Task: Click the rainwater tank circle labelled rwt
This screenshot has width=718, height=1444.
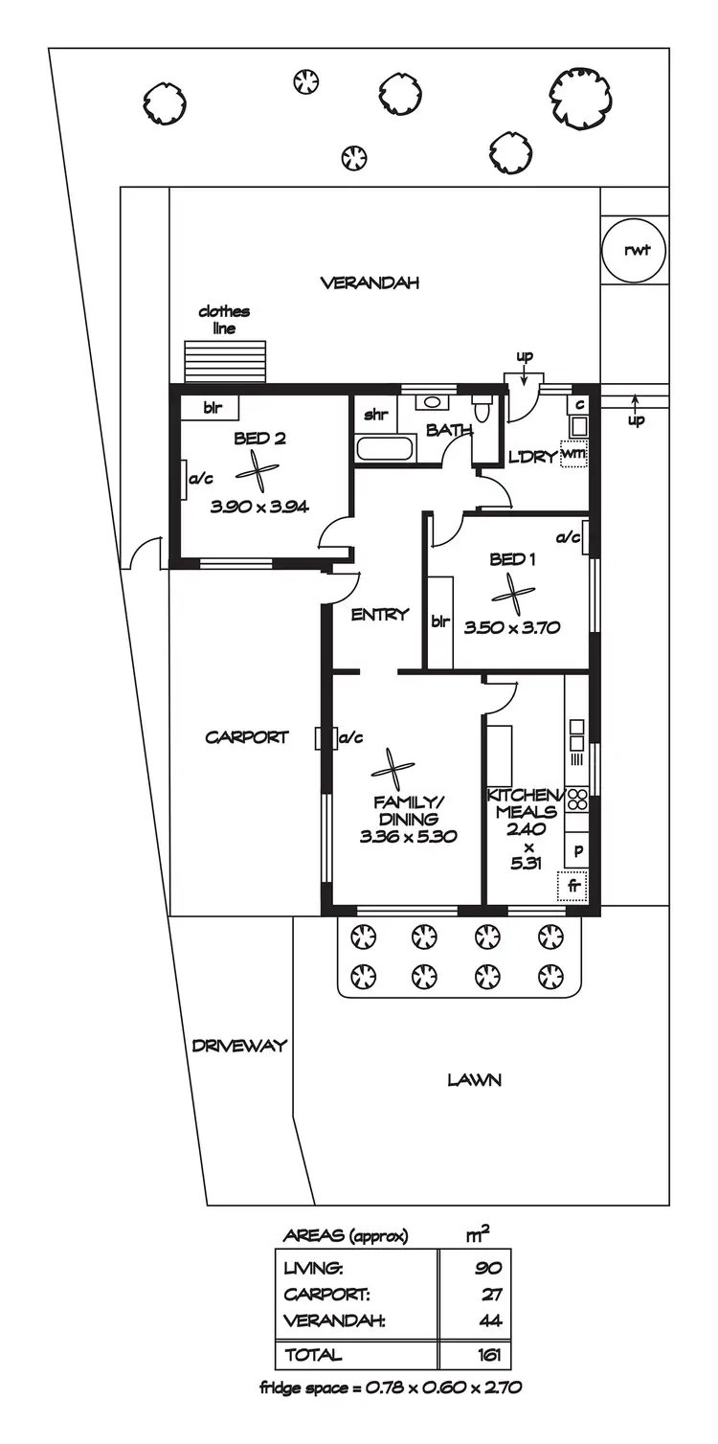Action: pyautogui.click(x=634, y=251)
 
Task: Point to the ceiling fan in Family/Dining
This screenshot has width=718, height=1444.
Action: pyautogui.click(x=393, y=769)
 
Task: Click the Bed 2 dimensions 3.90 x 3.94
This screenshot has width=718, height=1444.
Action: pyautogui.click(x=259, y=508)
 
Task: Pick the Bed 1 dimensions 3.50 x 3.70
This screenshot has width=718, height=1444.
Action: pyautogui.click(x=511, y=629)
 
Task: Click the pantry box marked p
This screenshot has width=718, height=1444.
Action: pyautogui.click(x=577, y=849)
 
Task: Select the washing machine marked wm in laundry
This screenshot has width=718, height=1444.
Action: pyautogui.click(x=573, y=453)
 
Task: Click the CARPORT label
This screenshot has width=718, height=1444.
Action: pyautogui.click(x=246, y=737)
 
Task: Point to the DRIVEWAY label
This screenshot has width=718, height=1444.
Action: pyautogui.click(x=238, y=1046)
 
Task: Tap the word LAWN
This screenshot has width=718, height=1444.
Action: pyautogui.click(x=474, y=1080)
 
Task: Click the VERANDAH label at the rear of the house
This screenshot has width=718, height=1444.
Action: pyautogui.click(x=370, y=282)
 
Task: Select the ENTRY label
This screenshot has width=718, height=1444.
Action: pyautogui.click(x=380, y=615)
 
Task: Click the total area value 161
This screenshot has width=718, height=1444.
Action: pyautogui.click(x=488, y=1355)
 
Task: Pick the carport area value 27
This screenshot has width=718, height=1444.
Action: pyautogui.click(x=492, y=1295)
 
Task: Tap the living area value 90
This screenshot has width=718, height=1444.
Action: pyautogui.click(x=489, y=1268)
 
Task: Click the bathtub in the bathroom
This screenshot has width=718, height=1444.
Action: pyautogui.click(x=385, y=448)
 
